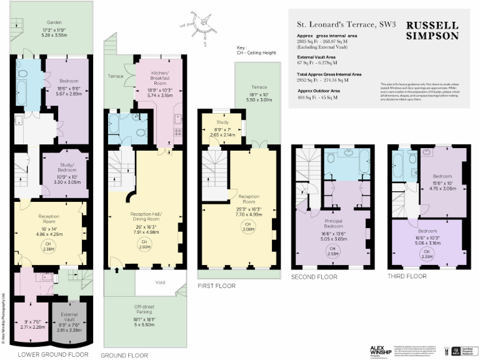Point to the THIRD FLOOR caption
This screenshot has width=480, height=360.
407,276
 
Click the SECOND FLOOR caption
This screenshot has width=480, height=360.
314,276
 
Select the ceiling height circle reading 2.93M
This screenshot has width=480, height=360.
144,244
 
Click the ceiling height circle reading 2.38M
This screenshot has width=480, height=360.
49,246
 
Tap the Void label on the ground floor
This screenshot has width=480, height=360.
161,282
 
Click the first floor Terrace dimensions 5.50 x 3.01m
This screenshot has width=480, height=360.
257,100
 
